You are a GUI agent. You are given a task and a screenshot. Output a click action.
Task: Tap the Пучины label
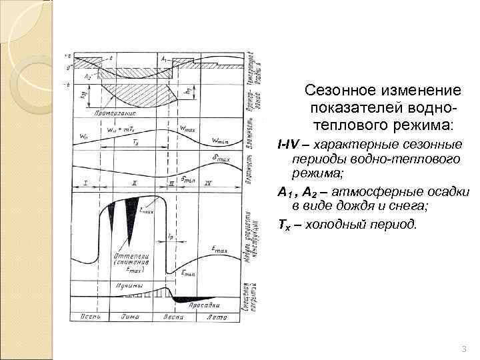click(126, 286)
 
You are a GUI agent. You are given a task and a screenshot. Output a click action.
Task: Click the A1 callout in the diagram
click(163, 59)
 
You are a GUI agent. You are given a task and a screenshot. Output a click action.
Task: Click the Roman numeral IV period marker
click(208, 182)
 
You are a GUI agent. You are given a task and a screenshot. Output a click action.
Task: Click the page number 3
click(463, 350)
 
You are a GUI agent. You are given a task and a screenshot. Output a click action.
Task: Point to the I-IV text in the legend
click(289, 144)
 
